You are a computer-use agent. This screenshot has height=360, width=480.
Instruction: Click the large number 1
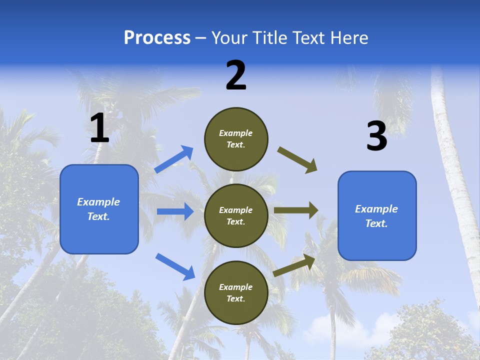pyautogui.click(x=99, y=129)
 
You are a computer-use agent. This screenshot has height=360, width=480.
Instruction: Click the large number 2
pyautogui.click(x=236, y=76)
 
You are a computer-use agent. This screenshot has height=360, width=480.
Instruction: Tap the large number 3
pyautogui.click(x=376, y=136)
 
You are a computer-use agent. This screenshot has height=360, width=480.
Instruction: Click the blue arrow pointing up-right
pyautogui.click(x=174, y=159)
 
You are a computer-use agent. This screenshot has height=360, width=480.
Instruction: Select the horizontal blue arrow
pyautogui.click(x=175, y=211)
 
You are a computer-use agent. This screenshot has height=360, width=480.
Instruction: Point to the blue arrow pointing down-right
pyautogui.click(x=175, y=266)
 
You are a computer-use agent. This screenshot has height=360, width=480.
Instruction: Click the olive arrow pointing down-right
pyautogui.click(x=297, y=160)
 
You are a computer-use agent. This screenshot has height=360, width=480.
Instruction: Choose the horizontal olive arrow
pyautogui.click(x=296, y=210)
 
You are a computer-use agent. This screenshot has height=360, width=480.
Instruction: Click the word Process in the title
pyautogui.click(x=157, y=37)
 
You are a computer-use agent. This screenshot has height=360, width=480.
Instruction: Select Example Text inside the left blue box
pyautogui.click(x=98, y=209)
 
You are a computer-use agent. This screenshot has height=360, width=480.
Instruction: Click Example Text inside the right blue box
pyautogui.click(x=376, y=216)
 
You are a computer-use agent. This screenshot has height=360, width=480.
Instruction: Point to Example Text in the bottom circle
pyautogui.click(x=235, y=292)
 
